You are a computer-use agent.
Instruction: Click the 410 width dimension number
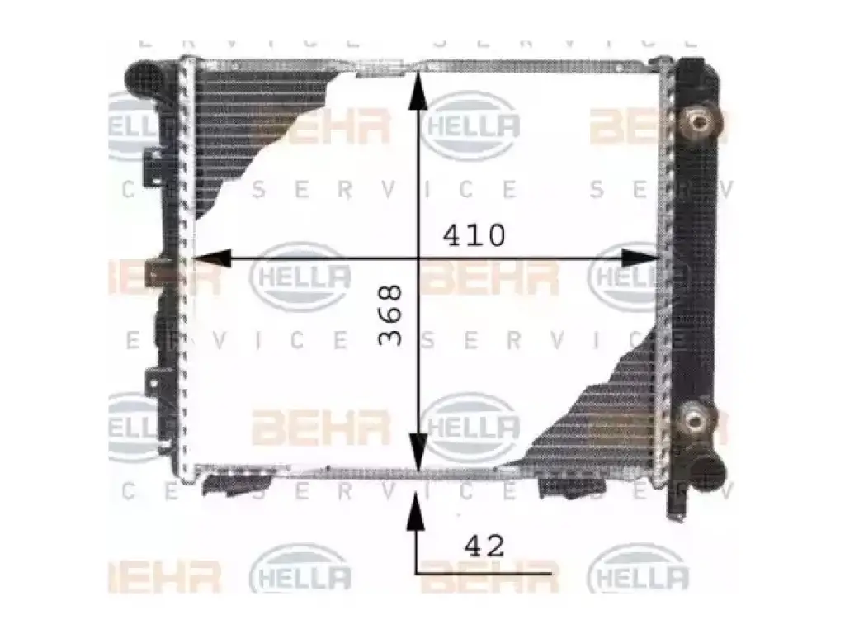click(474, 235)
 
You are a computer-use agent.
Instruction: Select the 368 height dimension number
click(390, 315)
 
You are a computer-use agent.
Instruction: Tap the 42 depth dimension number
click(484, 546)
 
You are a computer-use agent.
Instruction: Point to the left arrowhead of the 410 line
click(211, 258)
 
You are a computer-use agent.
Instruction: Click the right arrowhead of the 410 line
click(640, 258)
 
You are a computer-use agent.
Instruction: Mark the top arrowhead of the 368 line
click(418, 91)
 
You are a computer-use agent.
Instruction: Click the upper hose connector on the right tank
click(698, 123)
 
